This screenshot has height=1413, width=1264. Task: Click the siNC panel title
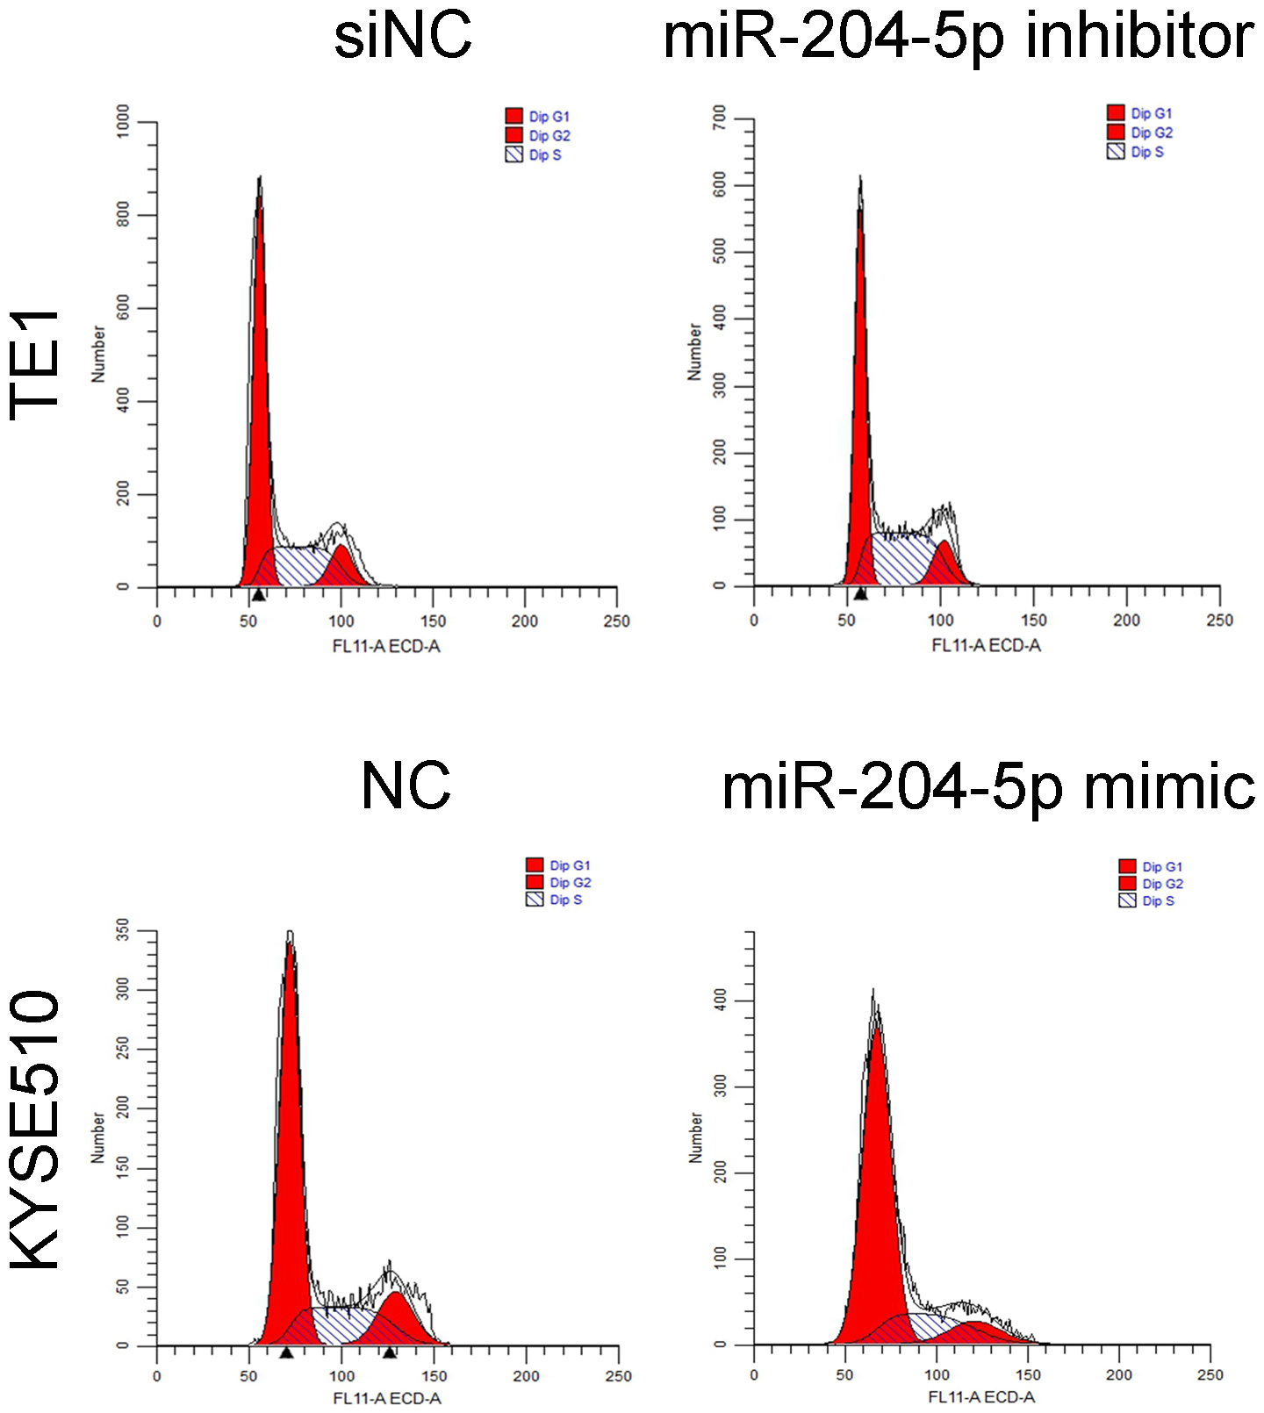403,37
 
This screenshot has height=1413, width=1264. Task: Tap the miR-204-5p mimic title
987,787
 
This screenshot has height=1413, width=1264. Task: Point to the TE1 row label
35,365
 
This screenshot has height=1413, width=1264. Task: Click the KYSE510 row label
35,1130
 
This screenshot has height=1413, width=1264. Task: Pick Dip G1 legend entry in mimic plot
1151,866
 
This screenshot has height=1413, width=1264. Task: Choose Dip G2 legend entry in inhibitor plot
1140,133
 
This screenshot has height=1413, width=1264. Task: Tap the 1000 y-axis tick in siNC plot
123,122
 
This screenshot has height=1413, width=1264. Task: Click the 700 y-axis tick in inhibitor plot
720,118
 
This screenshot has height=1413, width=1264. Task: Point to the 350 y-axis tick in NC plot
123,931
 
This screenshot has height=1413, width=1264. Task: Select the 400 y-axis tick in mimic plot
720,1001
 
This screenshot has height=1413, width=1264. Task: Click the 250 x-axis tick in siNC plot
616,621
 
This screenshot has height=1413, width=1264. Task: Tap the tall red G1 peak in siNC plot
259,395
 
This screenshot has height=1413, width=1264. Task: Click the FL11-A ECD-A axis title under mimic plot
981,1396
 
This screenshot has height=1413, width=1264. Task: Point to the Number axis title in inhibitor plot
694,351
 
